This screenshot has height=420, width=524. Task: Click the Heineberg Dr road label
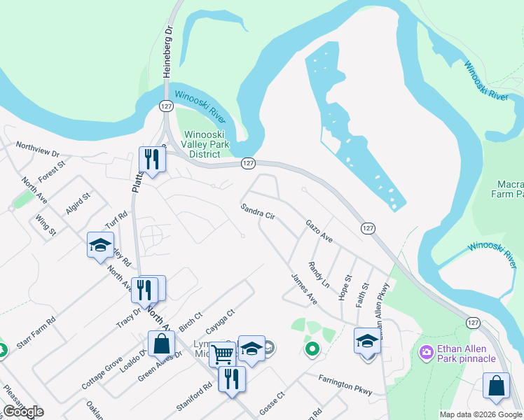(x=167, y=52)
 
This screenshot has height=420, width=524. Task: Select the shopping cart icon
(x=222, y=354)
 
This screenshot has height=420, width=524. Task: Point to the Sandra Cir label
(x=257, y=211)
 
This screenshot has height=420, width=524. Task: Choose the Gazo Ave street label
(x=319, y=230)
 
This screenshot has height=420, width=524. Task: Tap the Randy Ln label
(x=319, y=276)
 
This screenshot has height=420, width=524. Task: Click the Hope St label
(x=344, y=287)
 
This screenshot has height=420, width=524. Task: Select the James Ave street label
(x=304, y=288)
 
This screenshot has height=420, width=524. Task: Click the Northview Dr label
(x=38, y=150)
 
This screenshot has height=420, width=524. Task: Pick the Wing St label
(x=46, y=227)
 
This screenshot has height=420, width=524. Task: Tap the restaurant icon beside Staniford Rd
(x=232, y=380)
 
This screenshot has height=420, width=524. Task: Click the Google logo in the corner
(x=23, y=412)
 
